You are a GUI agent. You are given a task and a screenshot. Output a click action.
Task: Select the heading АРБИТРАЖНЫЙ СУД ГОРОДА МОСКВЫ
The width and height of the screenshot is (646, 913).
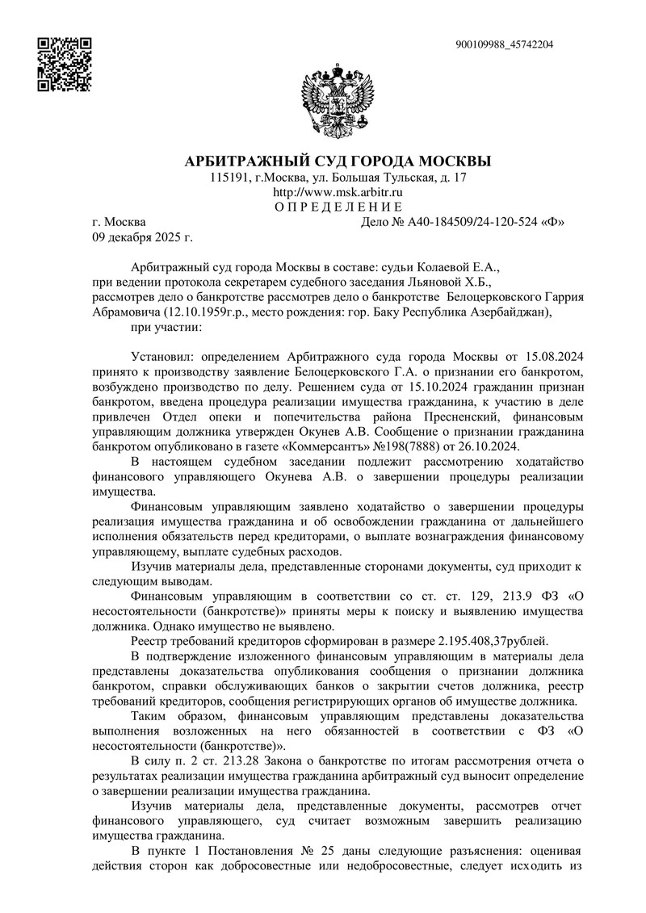click(x=338, y=160)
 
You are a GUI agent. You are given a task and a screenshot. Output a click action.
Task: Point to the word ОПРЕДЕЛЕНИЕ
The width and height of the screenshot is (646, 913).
click(x=338, y=207)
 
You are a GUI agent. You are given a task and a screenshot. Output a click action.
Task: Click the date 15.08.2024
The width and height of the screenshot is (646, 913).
click(x=552, y=355)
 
